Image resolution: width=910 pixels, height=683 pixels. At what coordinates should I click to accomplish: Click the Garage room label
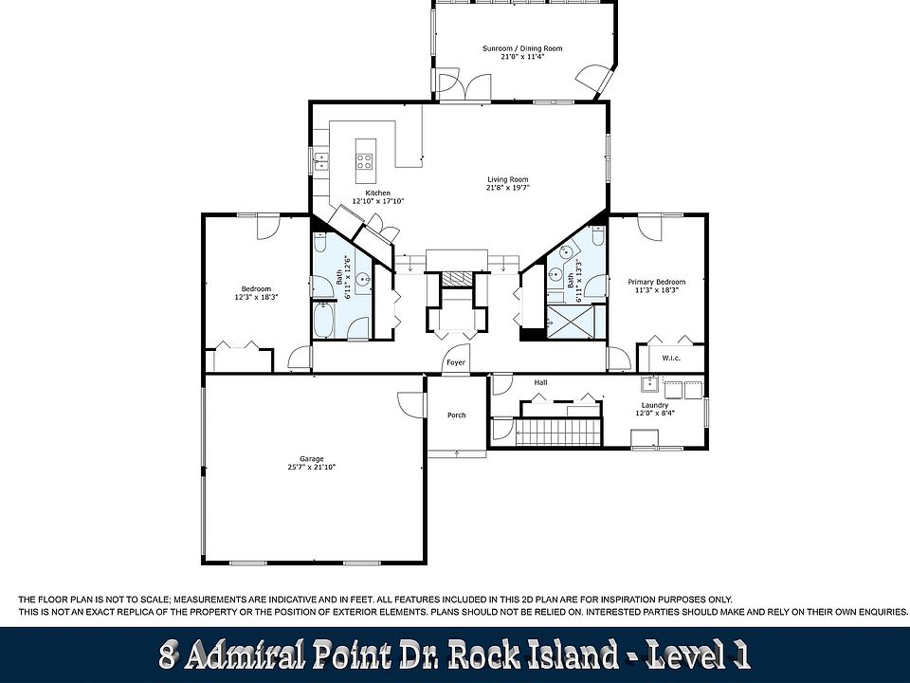click(312, 459)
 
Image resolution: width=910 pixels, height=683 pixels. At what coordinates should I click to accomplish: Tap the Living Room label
click(508, 179)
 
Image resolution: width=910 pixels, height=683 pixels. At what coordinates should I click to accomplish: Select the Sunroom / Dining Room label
click(522, 48)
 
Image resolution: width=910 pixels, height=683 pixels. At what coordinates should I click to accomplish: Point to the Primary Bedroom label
click(656, 282)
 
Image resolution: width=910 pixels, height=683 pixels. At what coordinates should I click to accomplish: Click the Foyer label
click(456, 362)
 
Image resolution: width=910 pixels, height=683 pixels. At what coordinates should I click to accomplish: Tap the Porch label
click(456, 415)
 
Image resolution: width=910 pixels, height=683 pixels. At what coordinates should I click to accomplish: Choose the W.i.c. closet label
click(671, 358)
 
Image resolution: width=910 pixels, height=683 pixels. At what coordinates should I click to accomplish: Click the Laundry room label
click(655, 405)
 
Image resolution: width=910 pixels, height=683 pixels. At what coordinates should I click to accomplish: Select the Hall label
click(540, 382)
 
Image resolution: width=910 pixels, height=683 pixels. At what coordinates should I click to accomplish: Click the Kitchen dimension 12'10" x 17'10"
click(378, 201)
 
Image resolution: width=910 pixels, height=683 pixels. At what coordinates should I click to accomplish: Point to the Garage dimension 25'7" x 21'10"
click(312, 467)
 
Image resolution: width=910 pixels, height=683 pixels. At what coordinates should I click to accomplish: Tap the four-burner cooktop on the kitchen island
click(364, 161)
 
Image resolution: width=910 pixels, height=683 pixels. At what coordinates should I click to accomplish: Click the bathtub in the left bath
click(323, 320)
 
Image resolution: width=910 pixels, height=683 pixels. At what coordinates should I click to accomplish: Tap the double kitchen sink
click(321, 161)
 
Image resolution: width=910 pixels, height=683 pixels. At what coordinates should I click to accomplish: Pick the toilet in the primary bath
click(598, 235)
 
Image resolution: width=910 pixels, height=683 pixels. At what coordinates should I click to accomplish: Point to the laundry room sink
click(648, 384)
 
